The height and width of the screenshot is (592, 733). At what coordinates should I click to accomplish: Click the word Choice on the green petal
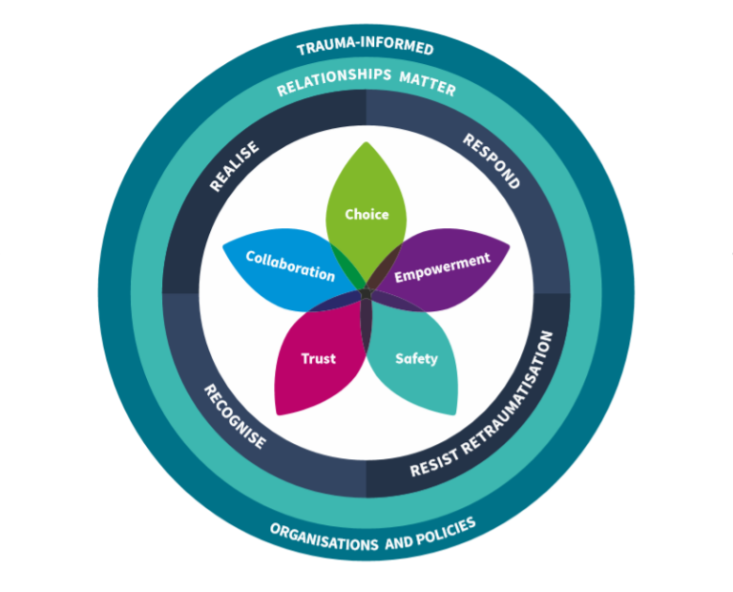366,215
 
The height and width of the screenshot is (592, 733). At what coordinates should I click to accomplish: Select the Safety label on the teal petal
416,359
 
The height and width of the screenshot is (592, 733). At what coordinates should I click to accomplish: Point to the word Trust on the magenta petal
318,359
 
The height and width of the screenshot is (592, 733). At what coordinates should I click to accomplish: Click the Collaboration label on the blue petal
290,265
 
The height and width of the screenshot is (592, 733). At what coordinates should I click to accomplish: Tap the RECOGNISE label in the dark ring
234,416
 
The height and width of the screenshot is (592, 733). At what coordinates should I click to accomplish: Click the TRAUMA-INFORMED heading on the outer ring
366,48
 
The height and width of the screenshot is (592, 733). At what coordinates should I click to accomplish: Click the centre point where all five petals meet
366,299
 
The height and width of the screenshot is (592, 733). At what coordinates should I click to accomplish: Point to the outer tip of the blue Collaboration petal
223,246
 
